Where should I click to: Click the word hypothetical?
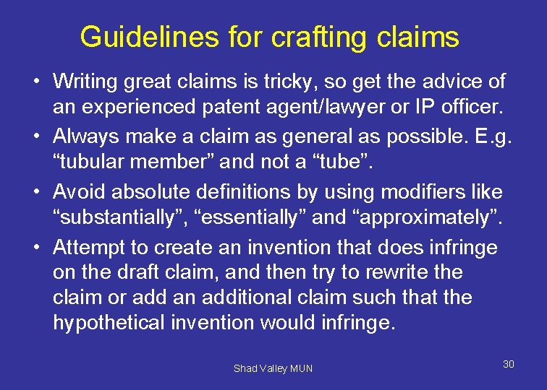[108, 321]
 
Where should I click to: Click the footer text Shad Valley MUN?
[273, 368]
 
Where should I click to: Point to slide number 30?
[509, 364]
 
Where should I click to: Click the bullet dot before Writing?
[35, 82]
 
